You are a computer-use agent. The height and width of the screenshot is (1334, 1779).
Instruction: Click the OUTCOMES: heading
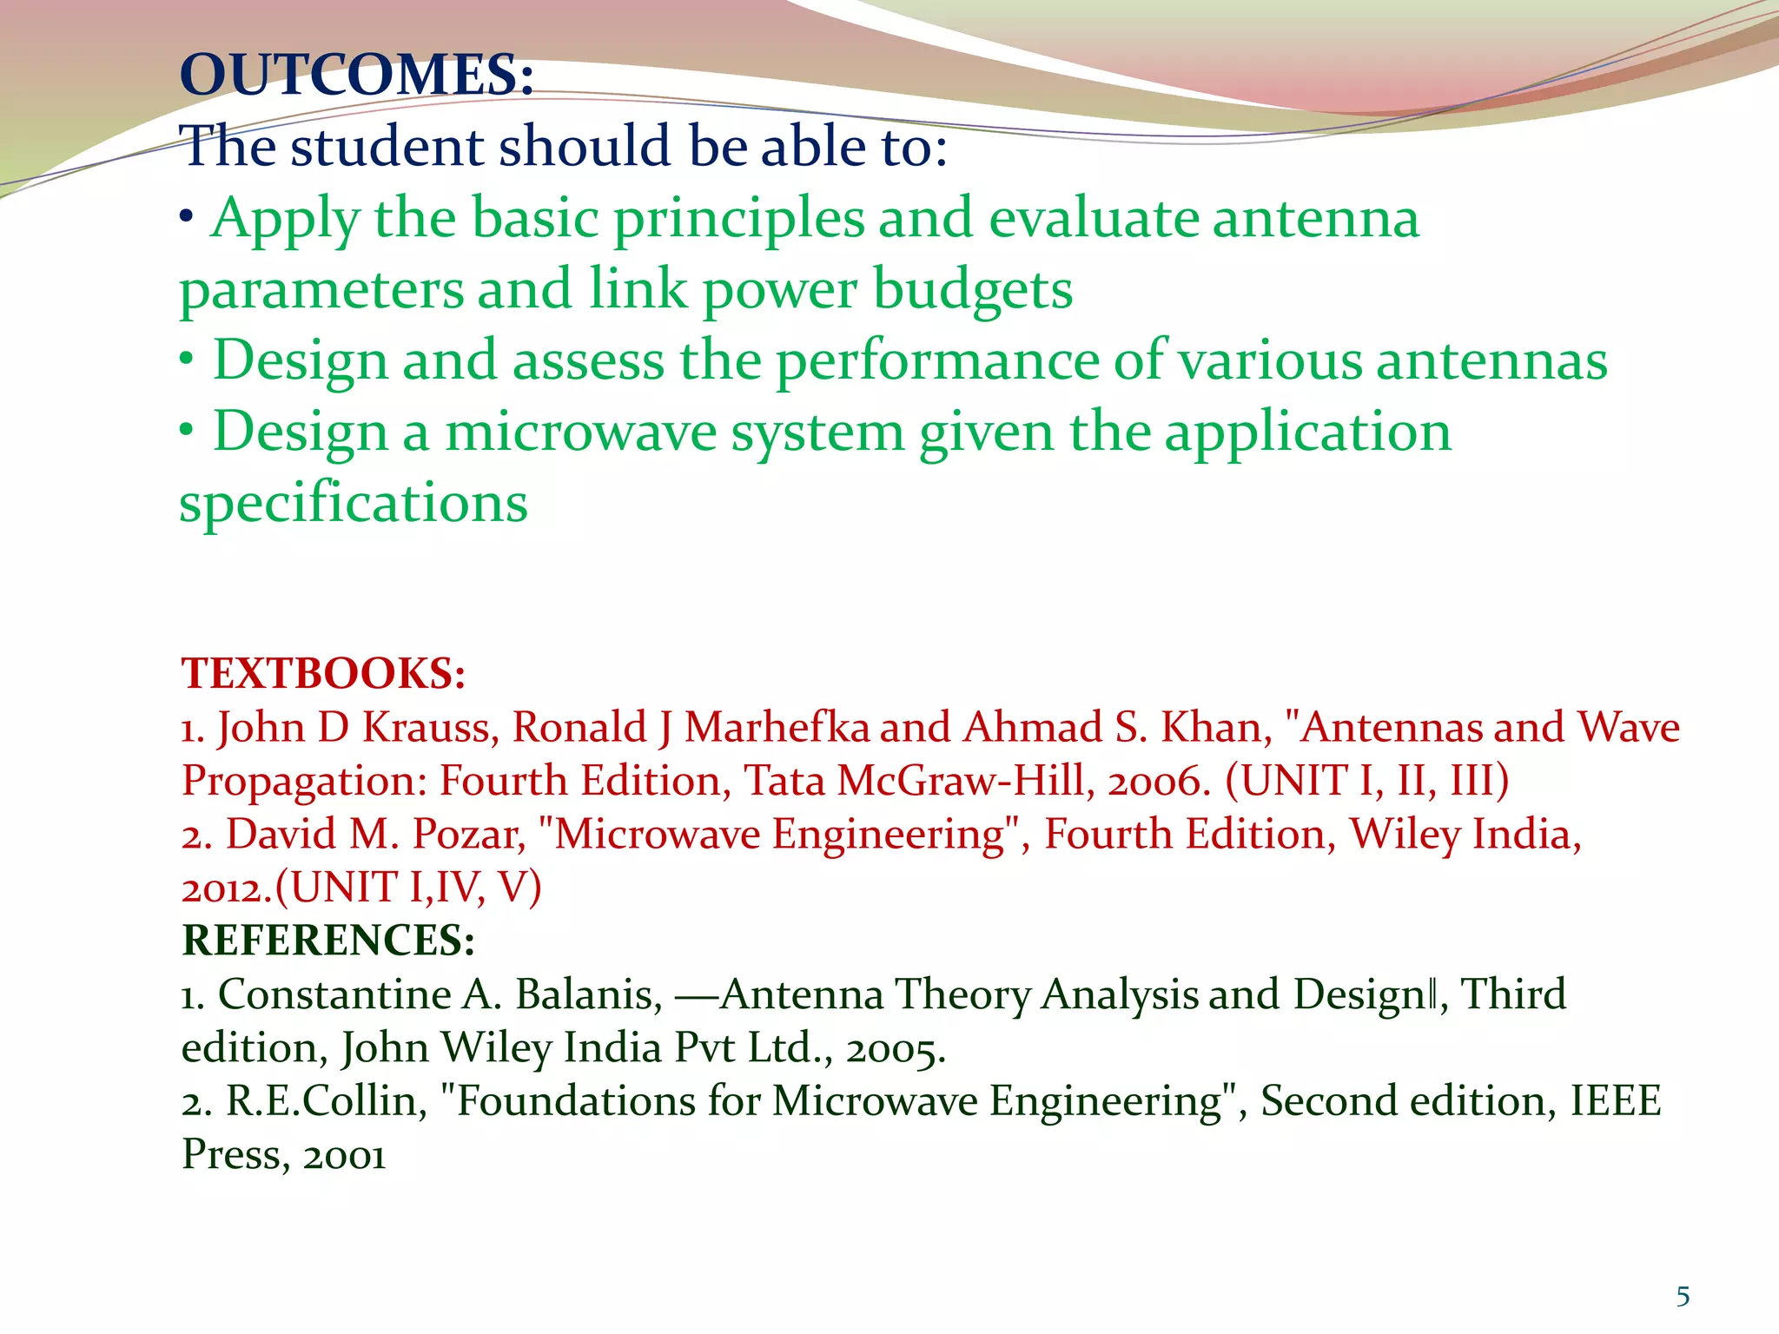click(x=356, y=75)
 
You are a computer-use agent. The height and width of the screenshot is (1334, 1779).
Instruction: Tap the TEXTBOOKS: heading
click(x=323, y=674)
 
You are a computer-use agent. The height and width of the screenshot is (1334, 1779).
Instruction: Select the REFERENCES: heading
click(x=328, y=941)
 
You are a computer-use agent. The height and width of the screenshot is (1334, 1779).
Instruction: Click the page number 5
click(x=1683, y=1297)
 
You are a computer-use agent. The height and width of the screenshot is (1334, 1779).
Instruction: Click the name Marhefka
click(x=777, y=728)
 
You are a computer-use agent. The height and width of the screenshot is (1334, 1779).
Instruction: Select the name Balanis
click(x=589, y=994)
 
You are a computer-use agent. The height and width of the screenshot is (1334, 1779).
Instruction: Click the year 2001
click(x=344, y=1156)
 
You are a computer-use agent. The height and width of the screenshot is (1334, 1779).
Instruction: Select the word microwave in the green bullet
click(x=580, y=433)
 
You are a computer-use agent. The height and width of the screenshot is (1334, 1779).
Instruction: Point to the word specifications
click(x=353, y=504)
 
